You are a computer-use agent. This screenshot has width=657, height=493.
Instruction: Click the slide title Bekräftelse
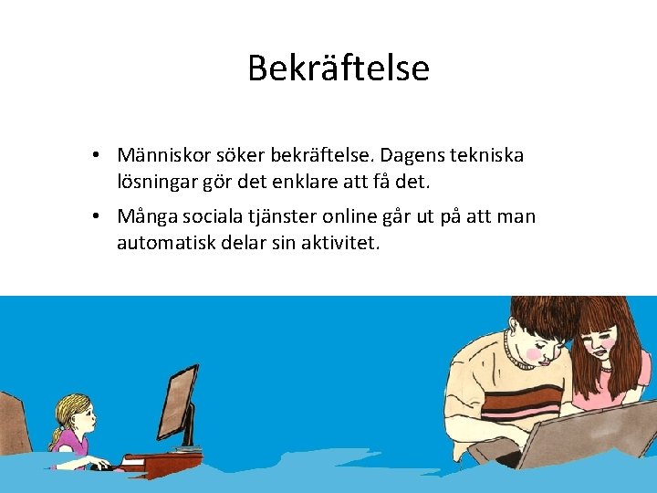[x=338, y=68]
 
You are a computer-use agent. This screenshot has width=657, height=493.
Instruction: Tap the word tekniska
[x=486, y=155]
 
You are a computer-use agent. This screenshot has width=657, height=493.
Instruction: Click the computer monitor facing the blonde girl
[x=179, y=402]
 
